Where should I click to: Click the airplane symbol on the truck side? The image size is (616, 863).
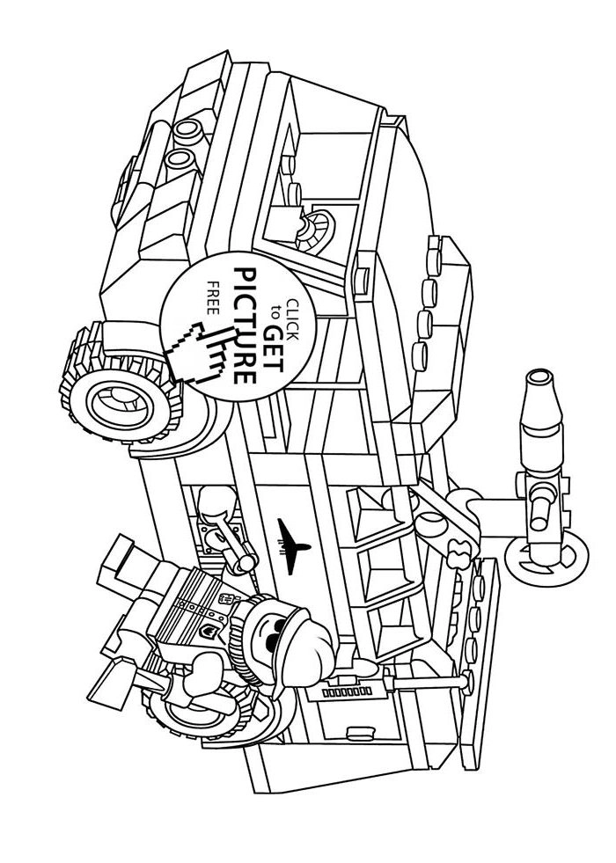click(x=290, y=537)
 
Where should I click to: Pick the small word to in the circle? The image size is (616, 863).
click(x=275, y=310)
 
